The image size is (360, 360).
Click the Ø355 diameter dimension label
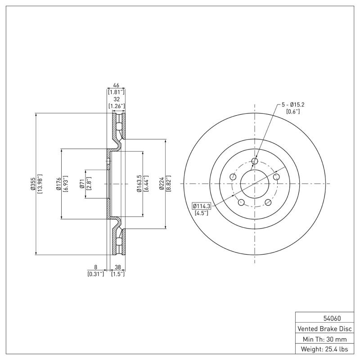pos(33,184)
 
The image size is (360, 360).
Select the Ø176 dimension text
pos(59,184)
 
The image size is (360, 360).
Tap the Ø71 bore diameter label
pos(82,184)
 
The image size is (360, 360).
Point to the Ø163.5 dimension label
pos(139,184)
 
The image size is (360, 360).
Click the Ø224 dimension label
pos(162,184)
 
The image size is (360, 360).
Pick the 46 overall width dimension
pos(116,85)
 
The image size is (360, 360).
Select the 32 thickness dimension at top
pos(116,99)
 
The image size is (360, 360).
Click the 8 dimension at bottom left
pos(95,267)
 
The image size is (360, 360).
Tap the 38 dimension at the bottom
pos(117,267)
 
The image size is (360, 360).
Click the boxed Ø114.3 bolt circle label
pos(202,206)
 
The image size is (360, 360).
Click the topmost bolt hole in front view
pos(255,161)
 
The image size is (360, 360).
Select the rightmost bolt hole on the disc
pos(277,177)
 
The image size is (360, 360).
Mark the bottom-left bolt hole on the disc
pos(241,202)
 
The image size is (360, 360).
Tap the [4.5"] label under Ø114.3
pos(202,213)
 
